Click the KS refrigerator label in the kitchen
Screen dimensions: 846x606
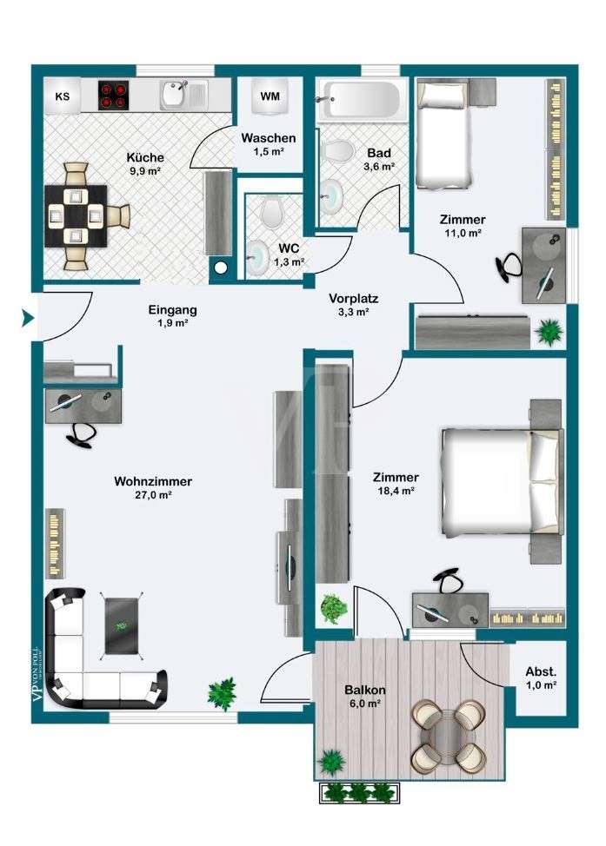tap(63, 96)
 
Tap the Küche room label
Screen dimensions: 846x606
tap(145, 158)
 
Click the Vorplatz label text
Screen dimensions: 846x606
tap(353, 299)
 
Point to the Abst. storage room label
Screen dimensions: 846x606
tap(540, 671)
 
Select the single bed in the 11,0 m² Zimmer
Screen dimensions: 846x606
tap(443, 135)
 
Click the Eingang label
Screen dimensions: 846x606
tap(172, 309)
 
